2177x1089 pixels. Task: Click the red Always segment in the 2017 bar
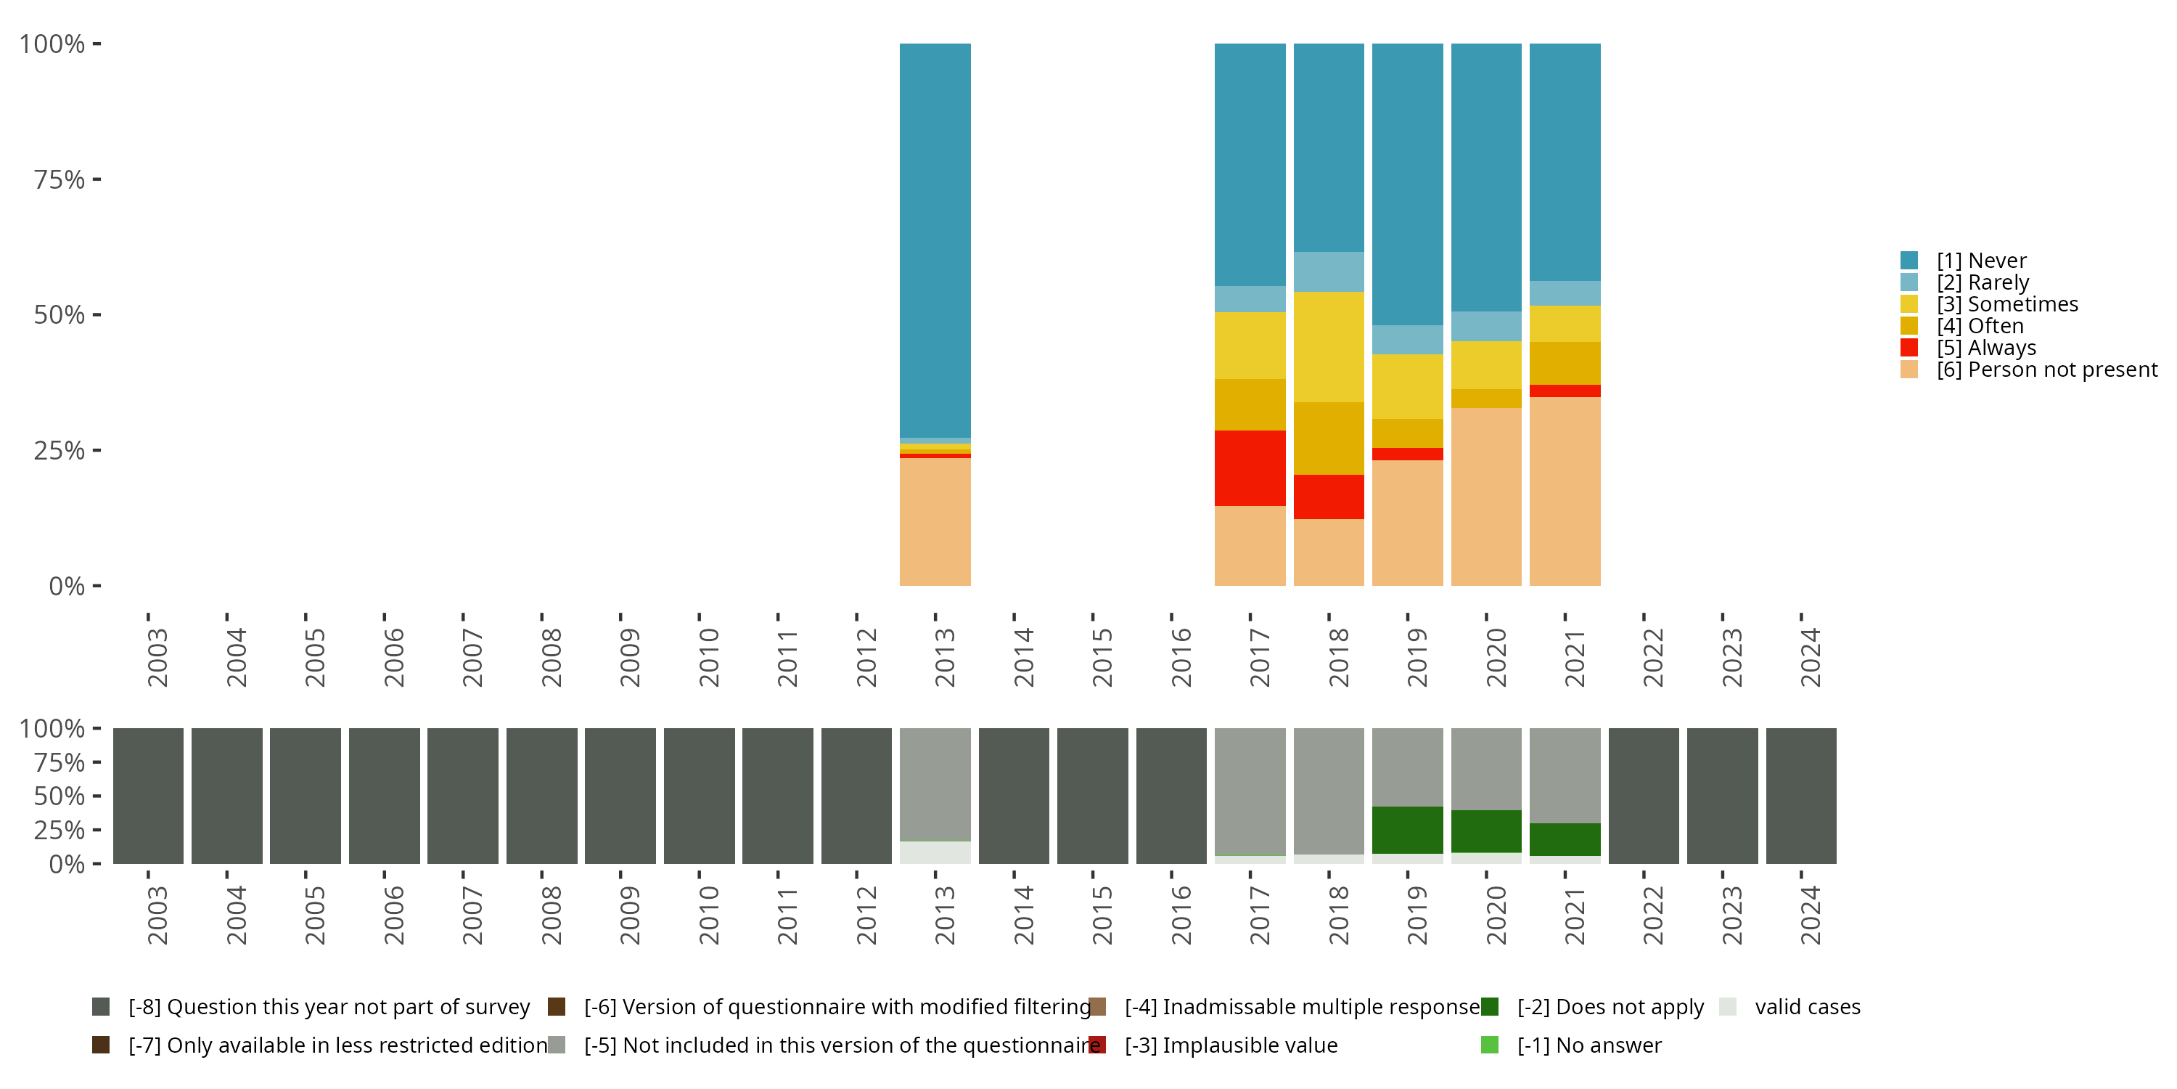pyautogui.click(x=1249, y=468)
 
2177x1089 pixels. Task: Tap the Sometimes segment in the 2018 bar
pyautogui.click(x=1329, y=346)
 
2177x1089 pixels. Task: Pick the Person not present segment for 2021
pyautogui.click(x=1565, y=490)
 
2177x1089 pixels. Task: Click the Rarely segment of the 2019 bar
pyautogui.click(x=1407, y=340)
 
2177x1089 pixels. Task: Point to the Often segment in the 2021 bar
pyautogui.click(x=1565, y=363)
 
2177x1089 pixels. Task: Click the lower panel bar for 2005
pyautogui.click(x=305, y=796)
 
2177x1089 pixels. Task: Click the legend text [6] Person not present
pyautogui.click(x=2046, y=370)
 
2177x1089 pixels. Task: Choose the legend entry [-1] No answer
pyautogui.click(x=1588, y=1045)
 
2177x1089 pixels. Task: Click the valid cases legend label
pyautogui.click(x=1807, y=1007)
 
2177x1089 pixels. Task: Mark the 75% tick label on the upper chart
pyautogui.click(x=60, y=179)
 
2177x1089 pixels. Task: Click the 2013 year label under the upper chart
pyautogui.click(x=944, y=657)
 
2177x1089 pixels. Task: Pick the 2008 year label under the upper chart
pyautogui.click(x=550, y=657)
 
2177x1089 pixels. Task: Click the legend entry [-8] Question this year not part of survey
pyautogui.click(x=329, y=1007)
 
